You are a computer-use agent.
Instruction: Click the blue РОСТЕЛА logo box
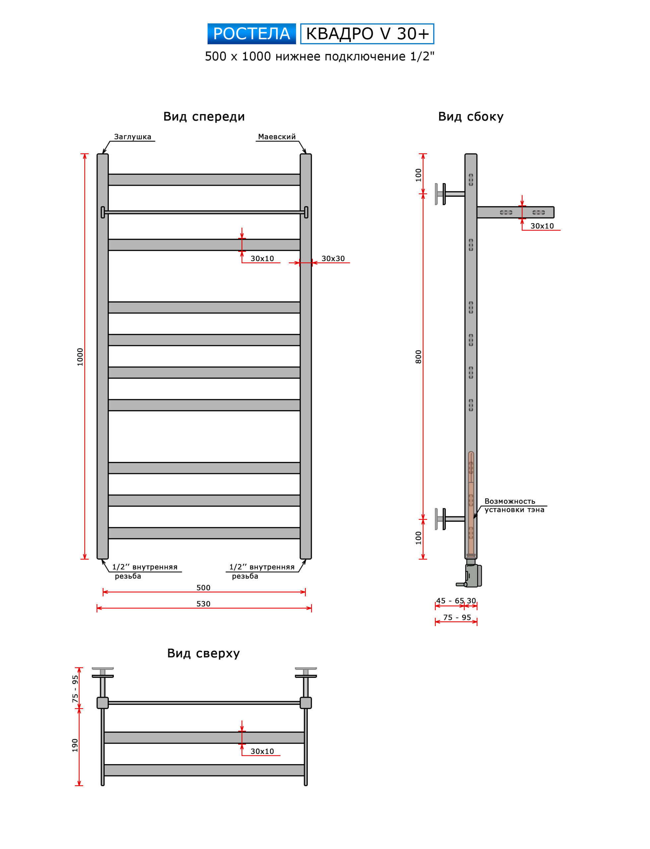click(x=251, y=34)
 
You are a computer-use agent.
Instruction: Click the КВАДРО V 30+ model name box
click(x=367, y=34)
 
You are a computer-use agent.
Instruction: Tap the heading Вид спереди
click(x=204, y=116)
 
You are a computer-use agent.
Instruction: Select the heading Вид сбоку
click(x=471, y=116)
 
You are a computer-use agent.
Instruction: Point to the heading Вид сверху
click(x=204, y=653)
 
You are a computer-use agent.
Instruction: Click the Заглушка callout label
click(x=133, y=137)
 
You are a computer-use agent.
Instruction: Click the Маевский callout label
click(x=277, y=137)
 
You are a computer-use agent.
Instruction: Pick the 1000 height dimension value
click(x=80, y=357)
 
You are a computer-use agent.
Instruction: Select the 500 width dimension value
click(x=204, y=587)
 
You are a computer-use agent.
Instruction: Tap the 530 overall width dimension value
click(x=204, y=604)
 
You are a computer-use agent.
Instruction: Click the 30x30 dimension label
click(x=333, y=258)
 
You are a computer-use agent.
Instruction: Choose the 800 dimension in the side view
click(x=418, y=357)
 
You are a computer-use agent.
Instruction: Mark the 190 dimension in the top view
click(x=75, y=745)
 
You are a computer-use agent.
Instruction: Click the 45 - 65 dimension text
click(x=450, y=601)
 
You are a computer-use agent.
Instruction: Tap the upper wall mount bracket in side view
click(x=450, y=194)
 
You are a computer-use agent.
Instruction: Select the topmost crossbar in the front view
click(x=204, y=179)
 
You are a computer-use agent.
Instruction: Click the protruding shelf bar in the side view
click(x=515, y=212)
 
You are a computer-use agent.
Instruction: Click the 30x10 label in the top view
click(x=262, y=751)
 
